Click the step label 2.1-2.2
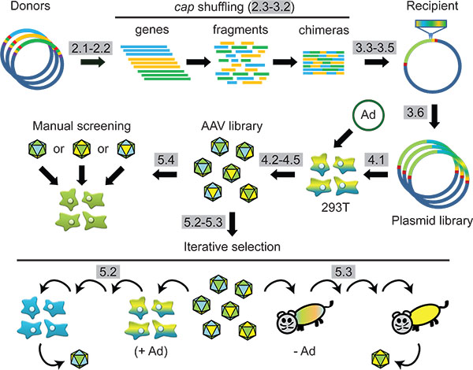point(91,48)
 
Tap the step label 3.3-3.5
point(374,47)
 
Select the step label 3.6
point(415,113)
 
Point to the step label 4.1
point(376,160)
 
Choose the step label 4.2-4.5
point(281,160)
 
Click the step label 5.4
point(166,160)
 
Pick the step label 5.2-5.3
point(203,222)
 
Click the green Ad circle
point(368,115)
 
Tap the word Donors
point(30,6)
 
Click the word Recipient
point(432,6)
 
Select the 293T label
point(335,207)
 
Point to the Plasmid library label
point(432,220)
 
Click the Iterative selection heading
point(232,246)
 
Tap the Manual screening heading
point(82,126)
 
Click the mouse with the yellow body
point(420,316)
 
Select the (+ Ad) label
point(151,351)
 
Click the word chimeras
point(324,30)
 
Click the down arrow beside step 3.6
point(434,117)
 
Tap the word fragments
point(240,30)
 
